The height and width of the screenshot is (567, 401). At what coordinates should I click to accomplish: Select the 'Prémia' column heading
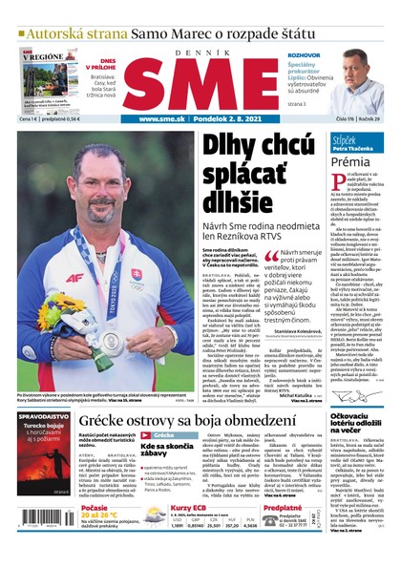[350, 162]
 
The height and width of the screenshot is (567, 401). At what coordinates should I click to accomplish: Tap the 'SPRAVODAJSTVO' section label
[43, 417]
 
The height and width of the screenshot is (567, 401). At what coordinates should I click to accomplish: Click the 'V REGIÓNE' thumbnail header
[43, 56]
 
